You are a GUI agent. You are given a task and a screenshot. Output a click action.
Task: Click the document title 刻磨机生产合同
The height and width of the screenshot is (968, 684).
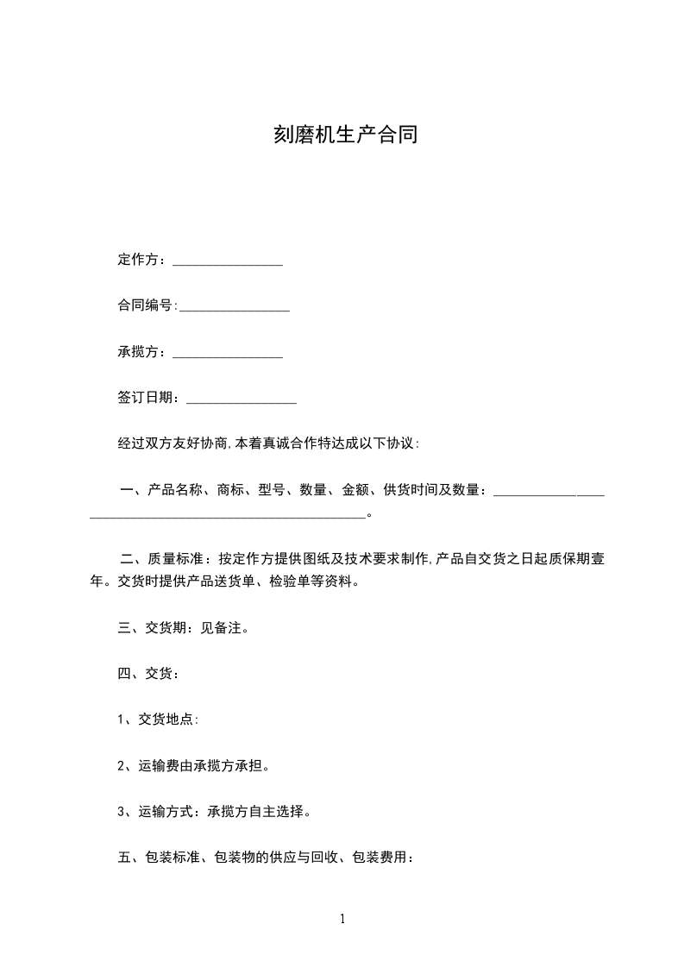(x=345, y=135)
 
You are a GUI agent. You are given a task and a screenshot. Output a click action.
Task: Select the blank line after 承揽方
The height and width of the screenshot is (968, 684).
(x=228, y=354)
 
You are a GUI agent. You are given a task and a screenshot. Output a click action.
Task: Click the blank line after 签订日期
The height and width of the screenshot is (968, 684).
(x=242, y=399)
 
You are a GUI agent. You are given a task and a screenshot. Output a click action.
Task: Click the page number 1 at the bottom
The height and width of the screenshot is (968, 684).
(x=342, y=919)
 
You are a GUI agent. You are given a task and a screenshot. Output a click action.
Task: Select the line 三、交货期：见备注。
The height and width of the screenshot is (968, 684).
(x=184, y=628)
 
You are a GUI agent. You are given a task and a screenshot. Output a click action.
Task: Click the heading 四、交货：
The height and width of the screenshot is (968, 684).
(x=148, y=674)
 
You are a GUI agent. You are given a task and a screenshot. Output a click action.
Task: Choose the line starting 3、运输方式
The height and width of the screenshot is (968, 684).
(x=214, y=811)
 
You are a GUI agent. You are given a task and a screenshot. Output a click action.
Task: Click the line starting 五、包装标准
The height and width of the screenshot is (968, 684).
(x=267, y=858)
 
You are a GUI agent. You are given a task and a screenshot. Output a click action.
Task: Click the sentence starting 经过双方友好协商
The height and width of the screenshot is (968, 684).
(x=268, y=443)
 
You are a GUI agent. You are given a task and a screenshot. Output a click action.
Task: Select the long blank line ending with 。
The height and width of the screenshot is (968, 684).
(x=228, y=515)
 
